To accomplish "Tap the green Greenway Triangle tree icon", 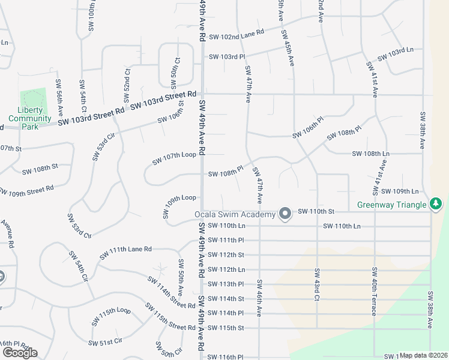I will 436,205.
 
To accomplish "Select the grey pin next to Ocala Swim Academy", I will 286,214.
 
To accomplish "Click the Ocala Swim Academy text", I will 235,215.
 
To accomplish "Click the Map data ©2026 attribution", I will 424,355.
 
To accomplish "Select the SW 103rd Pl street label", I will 227,57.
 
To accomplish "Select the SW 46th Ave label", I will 259,298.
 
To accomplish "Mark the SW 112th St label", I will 226,254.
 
